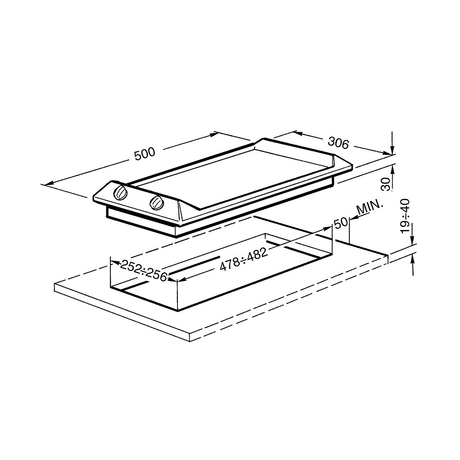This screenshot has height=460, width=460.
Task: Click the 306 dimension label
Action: click(x=338, y=143)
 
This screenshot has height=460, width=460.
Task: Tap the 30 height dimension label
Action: click(x=386, y=184)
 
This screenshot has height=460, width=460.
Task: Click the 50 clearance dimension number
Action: click(x=341, y=223)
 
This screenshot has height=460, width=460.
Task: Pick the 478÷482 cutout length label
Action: click(x=243, y=260)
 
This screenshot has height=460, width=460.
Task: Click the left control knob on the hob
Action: click(x=120, y=192)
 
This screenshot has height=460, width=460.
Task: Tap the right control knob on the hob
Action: click(x=157, y=203)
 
